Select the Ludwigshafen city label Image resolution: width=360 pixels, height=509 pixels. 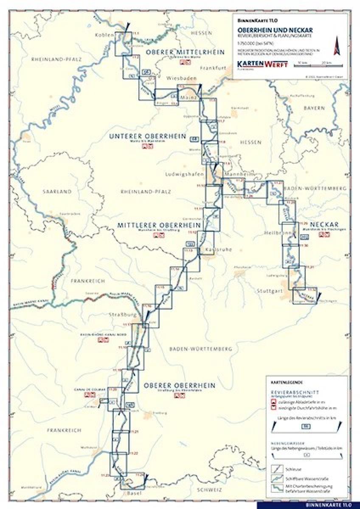point(182,174)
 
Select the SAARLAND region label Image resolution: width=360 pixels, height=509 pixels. point(57,192)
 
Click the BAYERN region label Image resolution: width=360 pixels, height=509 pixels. point(313,108)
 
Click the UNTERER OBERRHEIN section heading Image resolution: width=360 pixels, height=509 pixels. point(147,136)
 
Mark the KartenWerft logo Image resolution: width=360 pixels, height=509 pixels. point(262,64)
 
